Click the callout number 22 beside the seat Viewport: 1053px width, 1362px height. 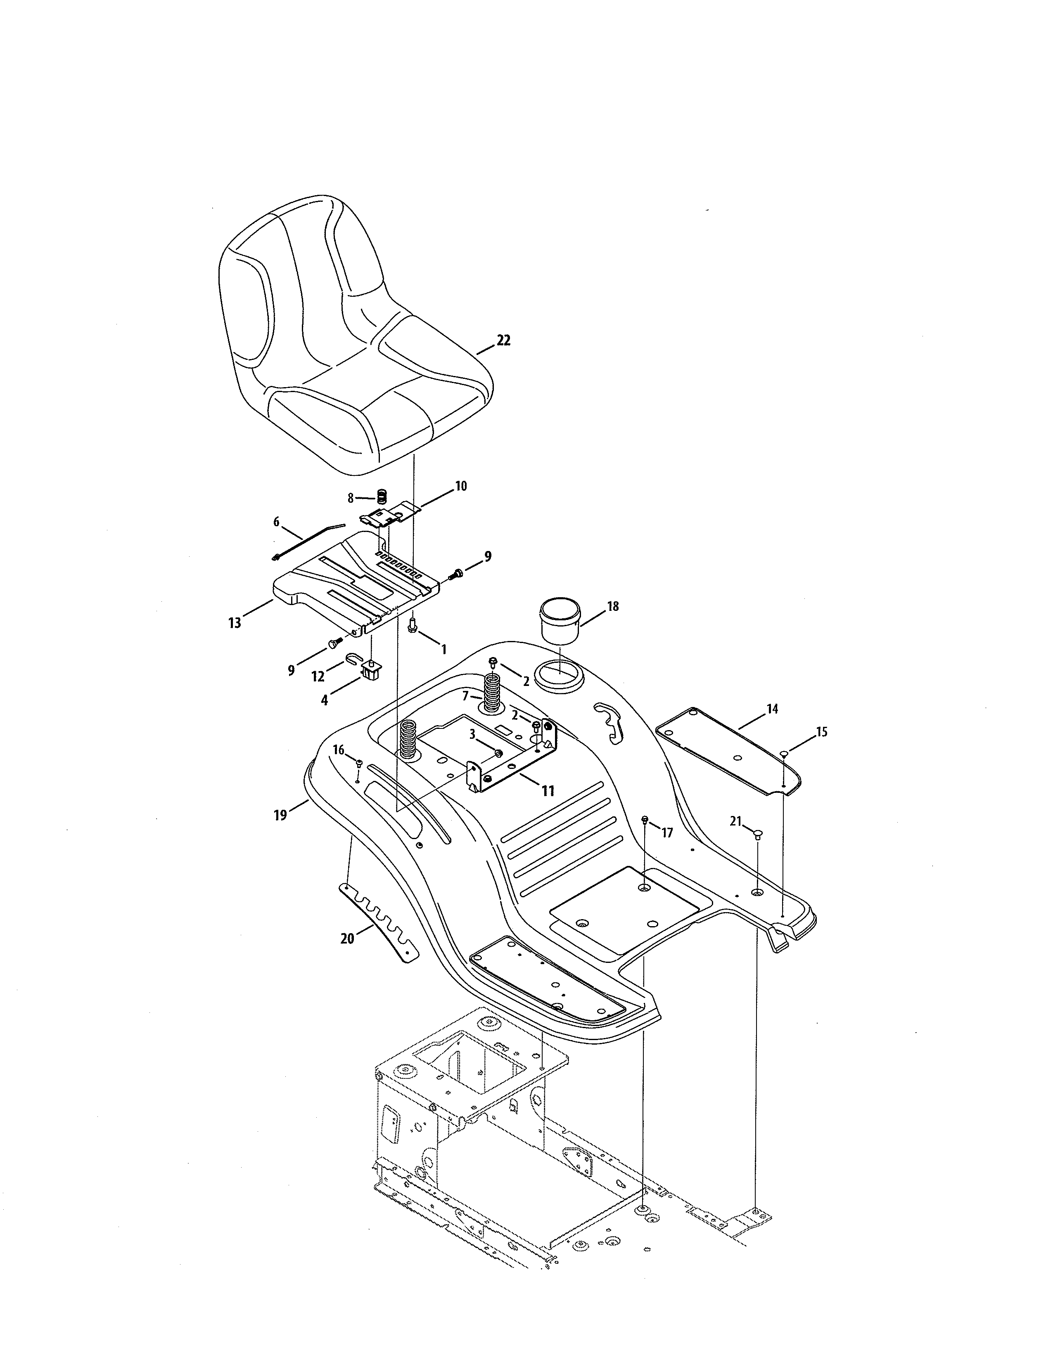coord(503,340)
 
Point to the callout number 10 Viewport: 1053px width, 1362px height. coord(460,486)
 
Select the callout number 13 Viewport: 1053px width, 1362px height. coord(235,623)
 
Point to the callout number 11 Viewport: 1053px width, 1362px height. coord(548,791)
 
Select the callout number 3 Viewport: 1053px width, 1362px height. coord(473,735)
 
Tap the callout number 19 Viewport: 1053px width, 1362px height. coord(280,814)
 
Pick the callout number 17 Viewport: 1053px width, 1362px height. coord(667,832)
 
